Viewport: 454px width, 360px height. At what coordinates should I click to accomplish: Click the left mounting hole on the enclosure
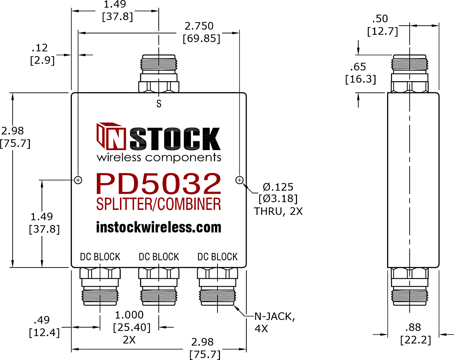point(78,180)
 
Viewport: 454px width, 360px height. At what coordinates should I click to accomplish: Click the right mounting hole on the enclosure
point(239,180)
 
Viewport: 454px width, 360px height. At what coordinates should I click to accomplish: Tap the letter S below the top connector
point(159,104)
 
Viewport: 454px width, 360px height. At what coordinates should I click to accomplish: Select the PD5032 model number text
point(159,183)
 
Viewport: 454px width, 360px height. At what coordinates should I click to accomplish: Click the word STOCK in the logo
point(175,139)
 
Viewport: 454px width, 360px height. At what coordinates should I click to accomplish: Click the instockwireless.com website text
point(159,227)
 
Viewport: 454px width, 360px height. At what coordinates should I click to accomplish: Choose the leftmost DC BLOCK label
point(100,257)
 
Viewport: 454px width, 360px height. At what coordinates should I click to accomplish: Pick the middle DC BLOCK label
point(159,257)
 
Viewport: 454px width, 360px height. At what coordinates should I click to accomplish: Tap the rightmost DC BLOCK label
point(217,257)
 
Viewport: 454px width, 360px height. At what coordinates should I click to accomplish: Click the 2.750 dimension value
point(199,26)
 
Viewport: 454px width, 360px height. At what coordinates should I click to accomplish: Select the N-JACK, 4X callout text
point(275,322)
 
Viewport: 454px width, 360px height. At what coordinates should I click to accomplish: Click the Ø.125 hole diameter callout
point(278,187)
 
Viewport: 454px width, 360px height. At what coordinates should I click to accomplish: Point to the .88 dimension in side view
point(413,327)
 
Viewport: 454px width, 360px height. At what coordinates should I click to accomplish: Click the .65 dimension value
point(358,67)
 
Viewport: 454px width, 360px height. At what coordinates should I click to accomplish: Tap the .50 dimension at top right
point(380,19)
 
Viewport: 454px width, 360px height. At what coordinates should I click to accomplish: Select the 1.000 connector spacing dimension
point(129,315)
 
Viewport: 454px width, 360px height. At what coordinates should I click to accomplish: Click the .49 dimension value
point(42,320)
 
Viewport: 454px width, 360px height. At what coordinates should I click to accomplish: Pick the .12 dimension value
point(40,48)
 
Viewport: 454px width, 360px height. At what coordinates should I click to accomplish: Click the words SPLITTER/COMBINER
point(159,204)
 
